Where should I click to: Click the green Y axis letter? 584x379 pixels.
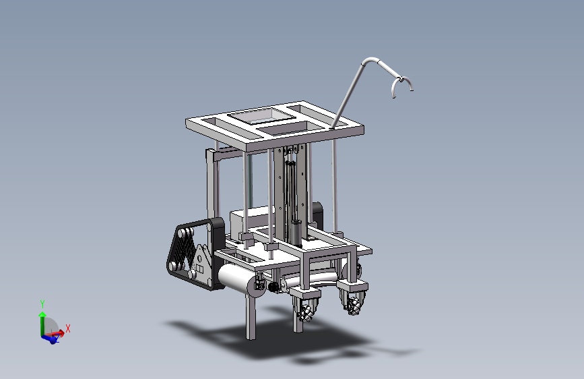[x=42, y=303]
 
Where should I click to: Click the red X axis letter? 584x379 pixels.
[x=68, y=328]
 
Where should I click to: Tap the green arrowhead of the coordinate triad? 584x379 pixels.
[x=42, y=314]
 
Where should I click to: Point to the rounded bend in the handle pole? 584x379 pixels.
[x=370, y=60]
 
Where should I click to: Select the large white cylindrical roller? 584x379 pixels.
[x=238, y=279]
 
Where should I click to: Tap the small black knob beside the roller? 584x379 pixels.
[x=273, y=287]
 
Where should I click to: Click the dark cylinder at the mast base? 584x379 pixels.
[x=296, y=233]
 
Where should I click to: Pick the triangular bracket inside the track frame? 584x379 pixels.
[x=201, y=261]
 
